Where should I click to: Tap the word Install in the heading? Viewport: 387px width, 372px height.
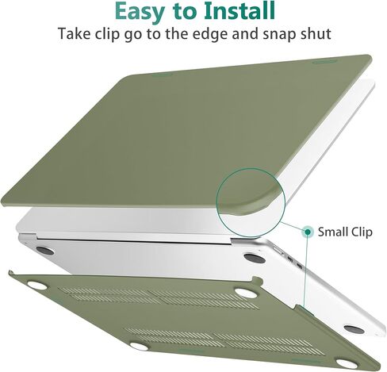239,11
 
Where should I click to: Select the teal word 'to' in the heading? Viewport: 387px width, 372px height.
184,12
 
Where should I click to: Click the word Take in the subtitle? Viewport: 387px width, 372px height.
74,33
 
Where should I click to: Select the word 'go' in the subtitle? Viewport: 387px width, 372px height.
134,35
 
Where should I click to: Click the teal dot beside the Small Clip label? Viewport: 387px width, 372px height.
308,232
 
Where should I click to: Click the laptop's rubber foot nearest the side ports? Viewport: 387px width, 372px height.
255,258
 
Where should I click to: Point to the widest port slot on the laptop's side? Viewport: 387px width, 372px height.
278,251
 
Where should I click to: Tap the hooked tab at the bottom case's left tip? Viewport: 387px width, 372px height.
11,274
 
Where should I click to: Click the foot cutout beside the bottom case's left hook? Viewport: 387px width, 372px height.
36,286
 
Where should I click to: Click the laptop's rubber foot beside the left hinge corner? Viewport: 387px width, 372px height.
45,251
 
